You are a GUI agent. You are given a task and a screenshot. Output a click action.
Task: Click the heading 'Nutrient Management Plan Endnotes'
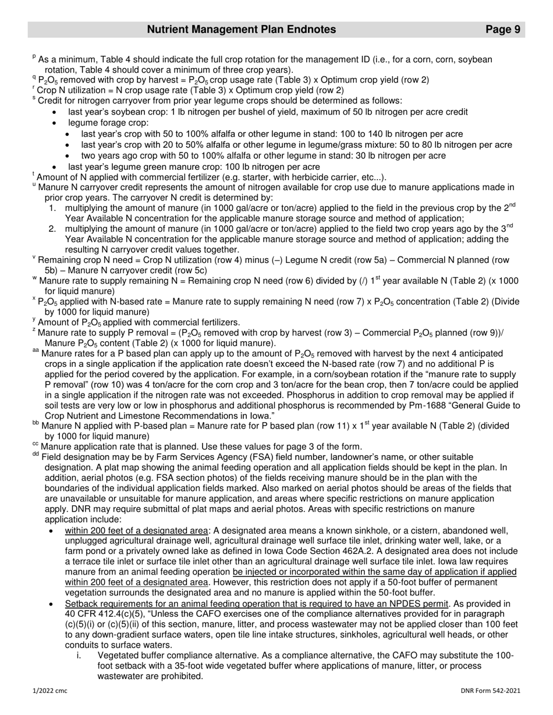(x=241, y=30)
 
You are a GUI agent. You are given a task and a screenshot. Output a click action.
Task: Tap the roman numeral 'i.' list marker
(x=79, y=655)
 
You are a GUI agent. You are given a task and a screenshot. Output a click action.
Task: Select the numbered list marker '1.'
(x=52, y=208)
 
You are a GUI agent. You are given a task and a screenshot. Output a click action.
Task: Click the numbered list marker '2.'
(x=52, y=229)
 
